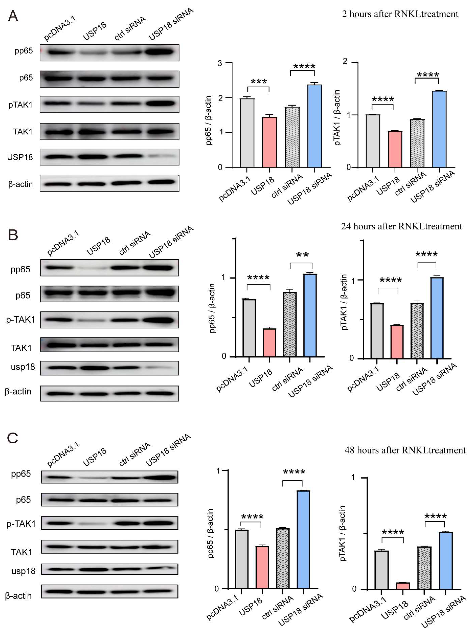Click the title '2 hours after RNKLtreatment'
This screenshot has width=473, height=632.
[x=400, y=14]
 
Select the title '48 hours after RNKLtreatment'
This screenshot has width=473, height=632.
[x=405, y=450]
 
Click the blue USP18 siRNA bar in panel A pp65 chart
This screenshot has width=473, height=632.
[x=315, y=126]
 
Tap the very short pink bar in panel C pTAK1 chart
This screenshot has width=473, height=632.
[x=403, y=586]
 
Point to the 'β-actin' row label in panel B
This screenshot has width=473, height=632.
[x=18, y=391]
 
